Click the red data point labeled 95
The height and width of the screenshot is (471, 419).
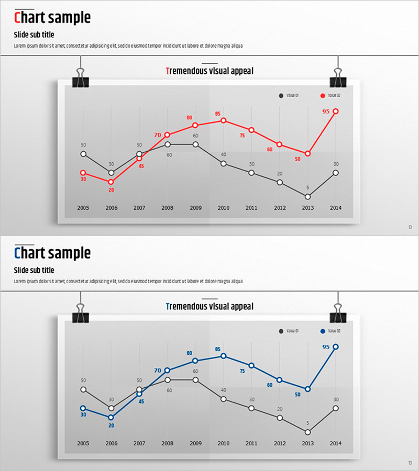click(336, 111)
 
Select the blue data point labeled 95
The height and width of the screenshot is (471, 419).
click(336, 347)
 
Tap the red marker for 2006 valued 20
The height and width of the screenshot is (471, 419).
click(111, 182)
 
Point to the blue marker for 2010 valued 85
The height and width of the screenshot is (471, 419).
click(224, 356)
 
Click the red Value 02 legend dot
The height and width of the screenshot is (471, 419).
click(323, 95)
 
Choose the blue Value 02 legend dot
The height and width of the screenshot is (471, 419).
click(323, 331)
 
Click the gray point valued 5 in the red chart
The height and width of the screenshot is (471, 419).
click(307, 197)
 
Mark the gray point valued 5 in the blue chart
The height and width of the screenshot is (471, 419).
click(307, 432)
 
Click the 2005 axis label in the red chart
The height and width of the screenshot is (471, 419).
click(83, 208)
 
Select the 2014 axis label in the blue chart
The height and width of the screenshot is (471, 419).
click(336, 443)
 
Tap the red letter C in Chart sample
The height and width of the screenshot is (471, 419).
click(18, 18)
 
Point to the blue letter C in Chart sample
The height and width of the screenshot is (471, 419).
click(18, 254)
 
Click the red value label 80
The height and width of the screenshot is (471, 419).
click(190, 118)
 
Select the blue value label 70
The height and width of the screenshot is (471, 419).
click(158, 371)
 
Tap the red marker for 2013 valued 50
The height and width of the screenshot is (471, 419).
click(308, 154)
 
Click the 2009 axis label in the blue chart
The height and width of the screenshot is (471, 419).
click(195, 443)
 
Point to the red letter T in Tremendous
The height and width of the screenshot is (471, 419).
click(167, 71)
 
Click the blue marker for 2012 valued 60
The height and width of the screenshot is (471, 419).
click(280, 380)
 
